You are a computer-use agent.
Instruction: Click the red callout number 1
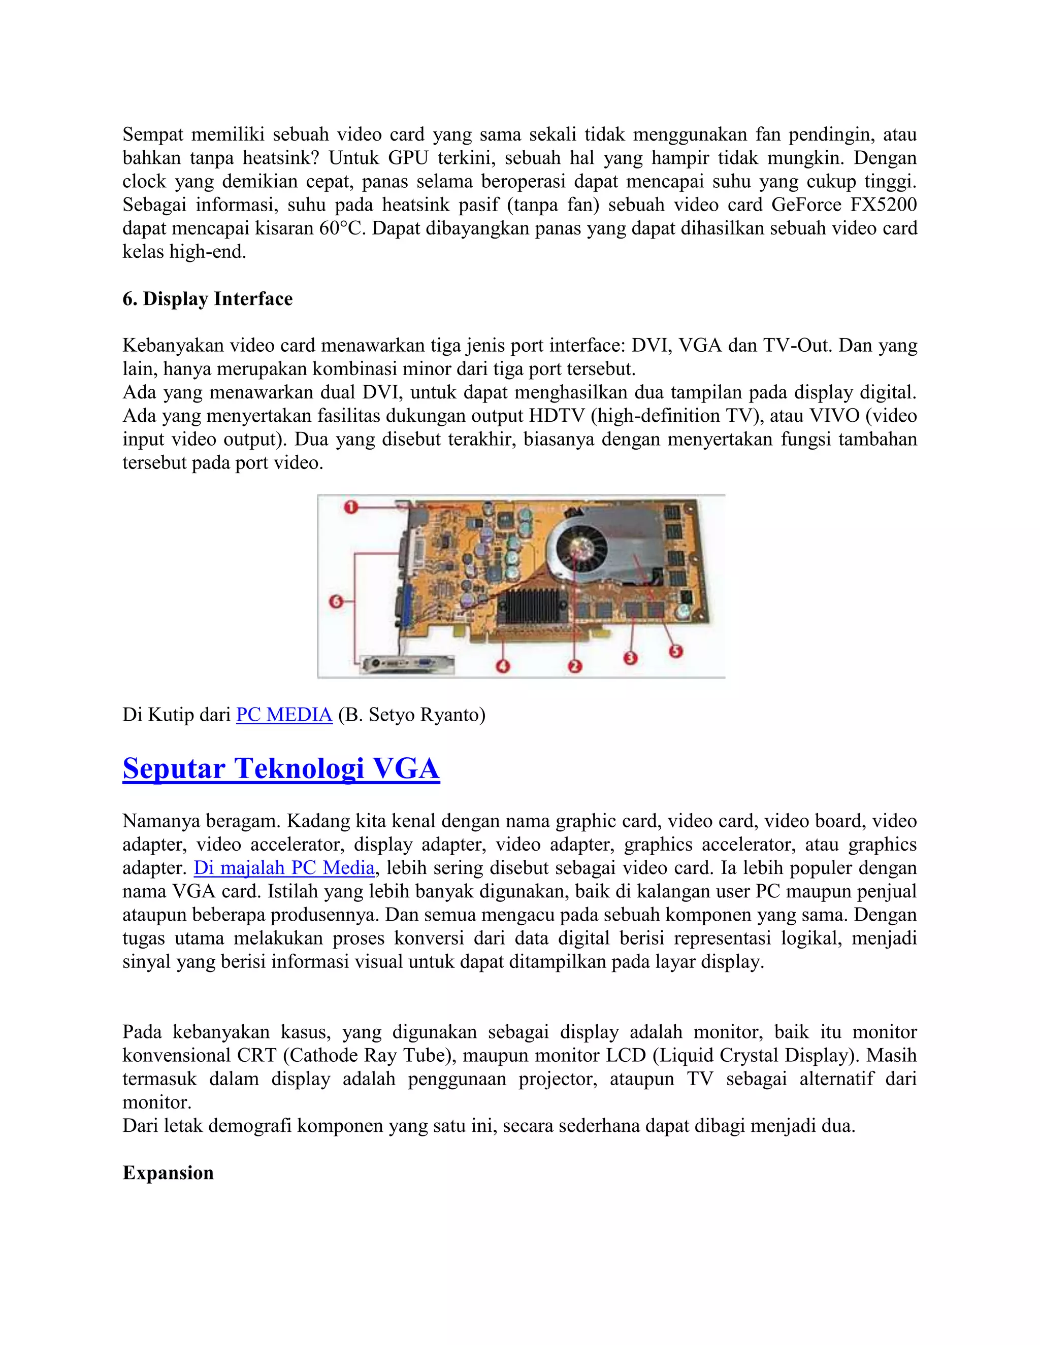tap(351, 508)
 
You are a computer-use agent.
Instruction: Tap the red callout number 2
tap(575, 666)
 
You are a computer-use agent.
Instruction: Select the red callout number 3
tap(630, 658)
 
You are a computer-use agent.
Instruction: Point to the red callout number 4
tap(503, 666)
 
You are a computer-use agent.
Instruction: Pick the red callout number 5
tap(676, 651)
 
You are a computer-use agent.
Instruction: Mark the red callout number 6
tap(336, 601)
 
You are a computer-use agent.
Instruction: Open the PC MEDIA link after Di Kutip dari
tap(284, 715)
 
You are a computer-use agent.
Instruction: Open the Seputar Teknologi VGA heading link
tap(281, 768)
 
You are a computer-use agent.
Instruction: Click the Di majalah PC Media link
tap(284, 868)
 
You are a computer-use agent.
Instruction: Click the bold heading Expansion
tap(168, 1172)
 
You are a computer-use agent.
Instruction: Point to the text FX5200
tap(883, 205)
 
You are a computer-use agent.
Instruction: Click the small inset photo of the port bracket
tap(407, 664)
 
